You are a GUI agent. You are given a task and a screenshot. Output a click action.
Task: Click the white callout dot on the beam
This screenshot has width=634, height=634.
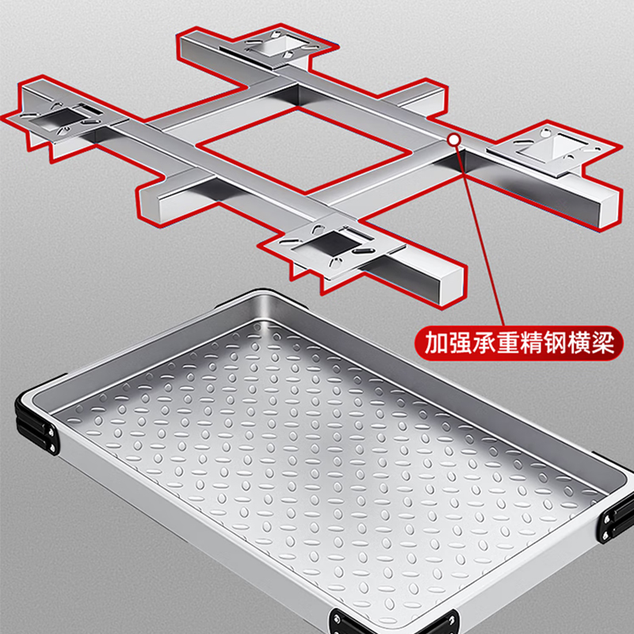[x=454, y=140]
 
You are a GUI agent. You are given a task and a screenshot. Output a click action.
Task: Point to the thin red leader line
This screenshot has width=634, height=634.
[x=480, y=235]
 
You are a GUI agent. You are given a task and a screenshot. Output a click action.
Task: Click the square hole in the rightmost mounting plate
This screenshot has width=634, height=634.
[x=553, y=149]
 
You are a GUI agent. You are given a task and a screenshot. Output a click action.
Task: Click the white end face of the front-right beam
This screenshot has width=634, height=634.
[x=451, y=285]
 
